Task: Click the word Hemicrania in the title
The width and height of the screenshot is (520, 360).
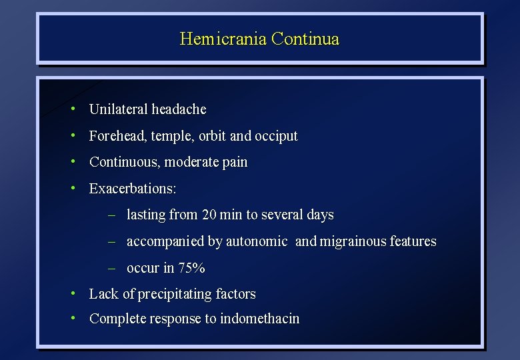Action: pyautogui.click(x=223, y=39)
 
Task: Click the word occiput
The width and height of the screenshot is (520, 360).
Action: pyautogui.click(x=277, y=136)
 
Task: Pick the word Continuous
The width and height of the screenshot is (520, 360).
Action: pyautogui.click(x=125, y=162)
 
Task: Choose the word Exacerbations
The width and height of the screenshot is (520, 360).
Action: pyautogui.click(x=132, y=189)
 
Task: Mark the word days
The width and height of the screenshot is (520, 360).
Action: pyautogui.click(x=320, y=215)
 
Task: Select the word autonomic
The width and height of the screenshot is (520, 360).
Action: pyautogui.click(x=257, y=241)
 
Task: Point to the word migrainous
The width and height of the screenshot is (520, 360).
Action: pyautogui.click(x=352, y=241)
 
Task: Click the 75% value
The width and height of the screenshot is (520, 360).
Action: pyautogui.click(x=193, y=268)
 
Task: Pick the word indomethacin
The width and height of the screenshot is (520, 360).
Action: pyautogui.click(x=260, y=319)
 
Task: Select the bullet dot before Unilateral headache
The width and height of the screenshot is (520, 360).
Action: pyautogui.click(x=76, y=108)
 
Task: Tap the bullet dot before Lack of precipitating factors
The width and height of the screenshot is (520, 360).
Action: pyautogui.click(x=76, y=293)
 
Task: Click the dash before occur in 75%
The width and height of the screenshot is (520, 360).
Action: pyautogui.click(x=113, y=268)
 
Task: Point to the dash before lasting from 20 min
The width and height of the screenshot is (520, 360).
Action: pyautogui.click(x=113, y=215)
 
